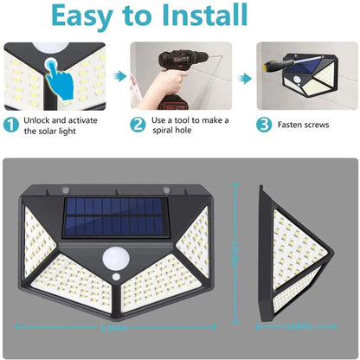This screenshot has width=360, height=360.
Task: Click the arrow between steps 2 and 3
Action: coord(246,79)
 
